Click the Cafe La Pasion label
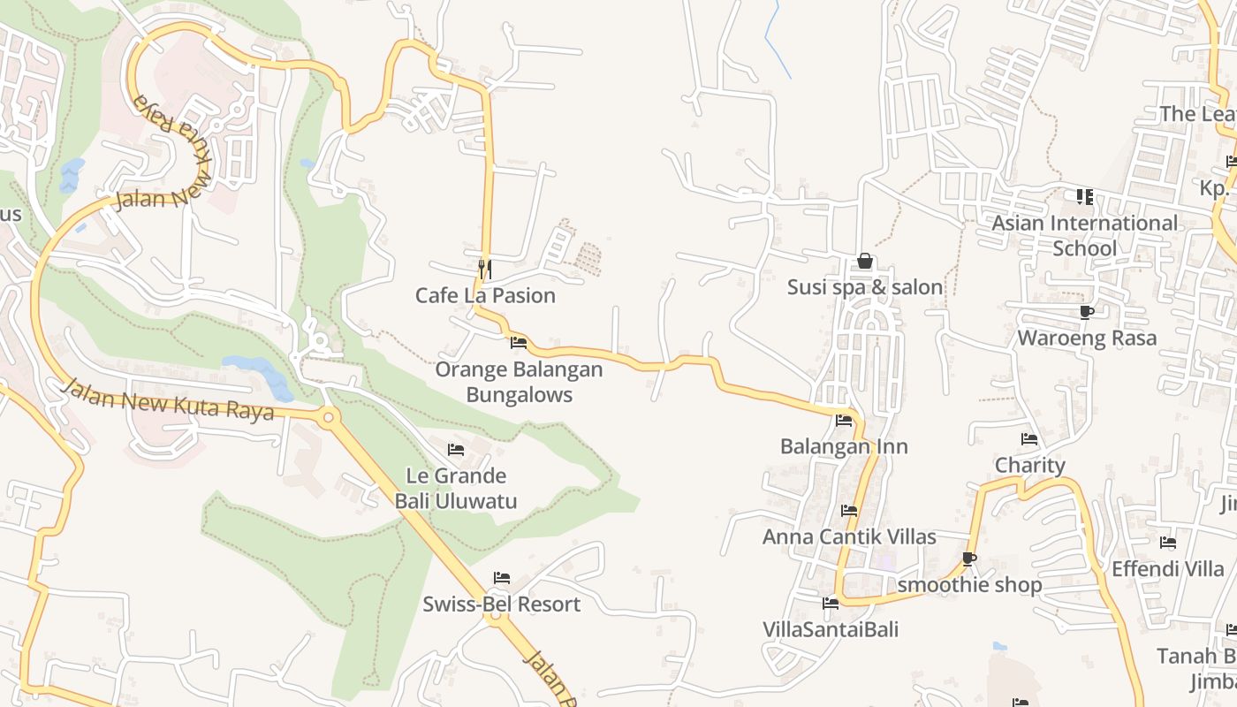485,295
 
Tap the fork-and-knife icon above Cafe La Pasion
484,268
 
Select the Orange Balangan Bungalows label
519,382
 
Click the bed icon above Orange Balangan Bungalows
519,342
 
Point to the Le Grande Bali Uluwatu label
456,488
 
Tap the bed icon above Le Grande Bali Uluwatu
456,450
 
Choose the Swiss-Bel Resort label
501,604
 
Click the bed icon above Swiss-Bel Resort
502,578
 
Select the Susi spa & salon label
865,287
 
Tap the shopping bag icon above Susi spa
865,261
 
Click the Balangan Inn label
844,446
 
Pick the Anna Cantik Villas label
849,536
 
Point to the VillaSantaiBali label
831,629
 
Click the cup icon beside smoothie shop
969,559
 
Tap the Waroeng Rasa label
1087,338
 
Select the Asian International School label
1084,235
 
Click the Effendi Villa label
1168,568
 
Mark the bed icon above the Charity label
1029,439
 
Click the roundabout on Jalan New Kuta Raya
330,416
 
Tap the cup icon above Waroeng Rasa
1087,312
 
